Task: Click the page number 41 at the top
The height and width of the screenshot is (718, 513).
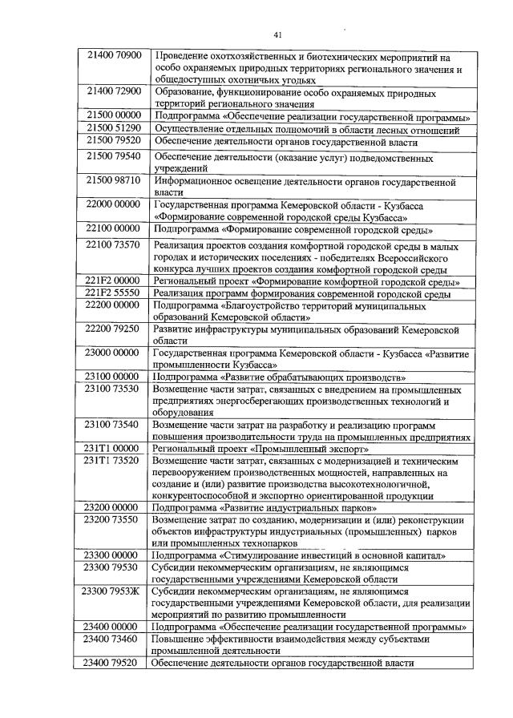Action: coord(277,34)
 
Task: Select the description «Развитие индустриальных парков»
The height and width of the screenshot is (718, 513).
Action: coord(265,507)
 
